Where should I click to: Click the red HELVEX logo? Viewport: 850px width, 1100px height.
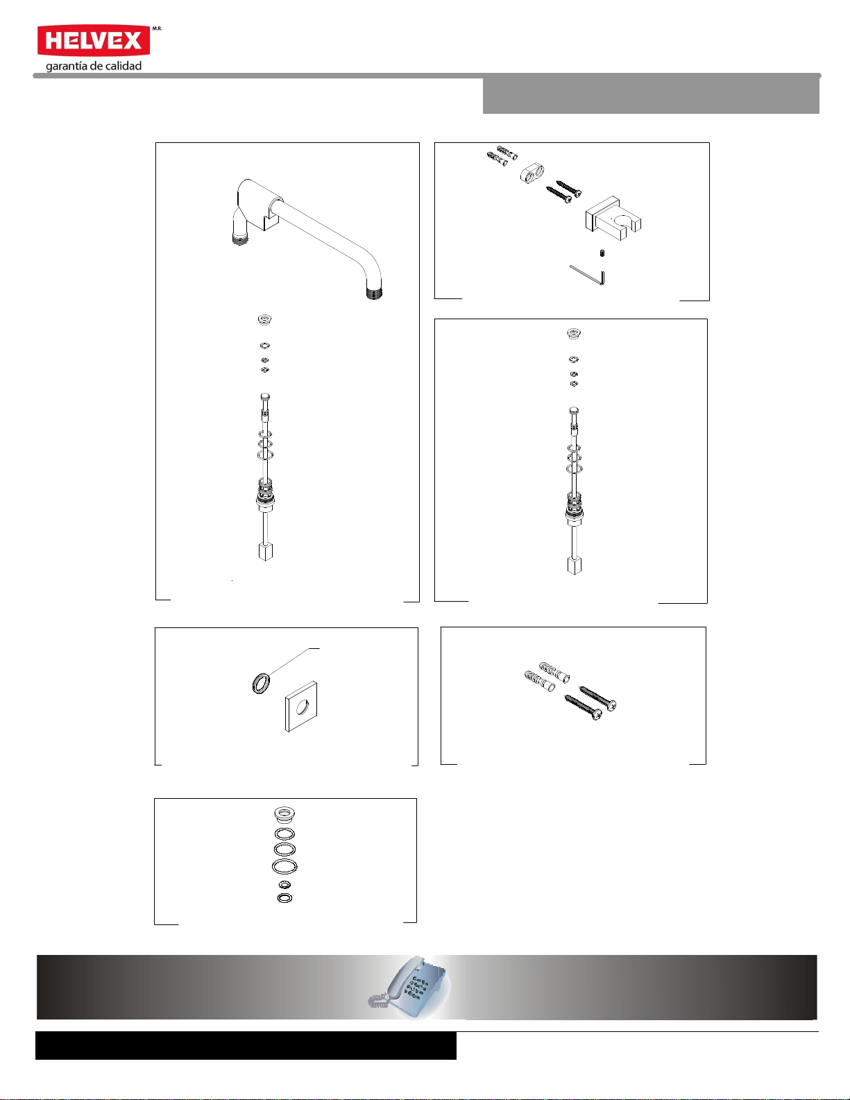pyautogui.click(x=94, y=40)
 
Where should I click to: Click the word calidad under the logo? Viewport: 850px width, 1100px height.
pyautogui.click(x=124, y=66)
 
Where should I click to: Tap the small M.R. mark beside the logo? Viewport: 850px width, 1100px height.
pyautogui.click(x=157, y=29)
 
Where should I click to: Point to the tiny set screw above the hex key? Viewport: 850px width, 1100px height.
pyautogui.click(x=602, y=253)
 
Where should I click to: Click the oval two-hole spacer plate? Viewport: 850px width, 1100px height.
pyautogui.click(x=532, y=173)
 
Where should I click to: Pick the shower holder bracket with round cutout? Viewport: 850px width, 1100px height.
pyautogui.click(x=613, y=218)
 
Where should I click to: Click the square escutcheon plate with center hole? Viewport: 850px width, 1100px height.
pyautogui.click(x=301, y=706)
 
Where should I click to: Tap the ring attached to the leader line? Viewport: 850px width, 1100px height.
pyautogui.click(x=261, y=682)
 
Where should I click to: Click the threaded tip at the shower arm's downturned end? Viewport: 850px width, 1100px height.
pyautogui.click(x=375, y=293)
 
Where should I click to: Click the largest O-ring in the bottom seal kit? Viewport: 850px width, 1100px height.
pyautogui.click(x=284, y=865)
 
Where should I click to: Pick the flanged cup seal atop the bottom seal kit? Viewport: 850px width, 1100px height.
pyautogui.click(x=285, y=814)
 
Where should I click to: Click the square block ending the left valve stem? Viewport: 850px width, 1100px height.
pyautogui.click(x=266, y=552)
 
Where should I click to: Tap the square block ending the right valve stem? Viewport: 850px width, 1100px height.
pyautogui.click(x=575, y=566)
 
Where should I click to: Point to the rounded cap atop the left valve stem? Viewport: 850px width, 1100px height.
pyautogui.click(x=265, y=397)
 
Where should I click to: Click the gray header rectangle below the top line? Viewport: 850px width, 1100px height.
pyautogui.click(x=651, y=96)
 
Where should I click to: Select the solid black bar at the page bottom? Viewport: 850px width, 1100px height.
pyautogui.click(x=246, y=1045)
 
